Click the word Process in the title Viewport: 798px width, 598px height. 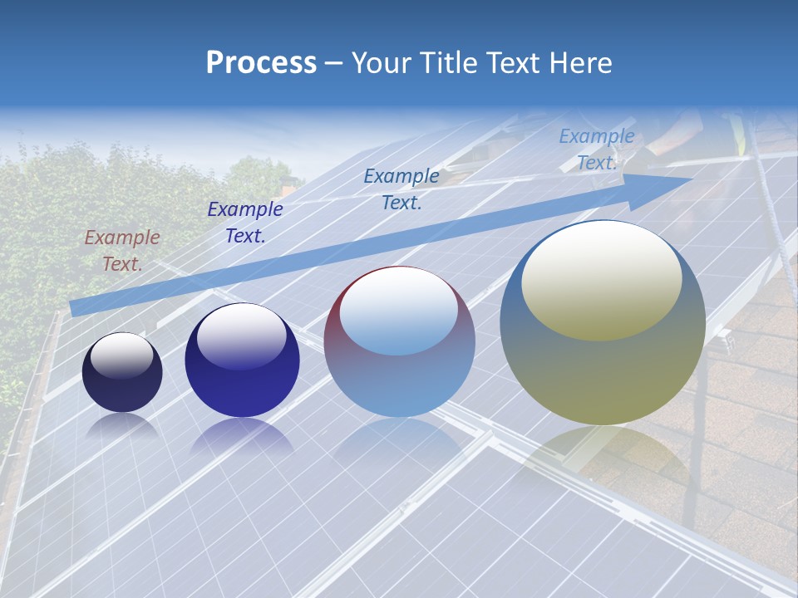tap(261, 63)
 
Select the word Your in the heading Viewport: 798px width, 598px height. tap(378, 63)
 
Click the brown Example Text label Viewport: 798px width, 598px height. tap(122, 251)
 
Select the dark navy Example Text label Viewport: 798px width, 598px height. tap(245, 223)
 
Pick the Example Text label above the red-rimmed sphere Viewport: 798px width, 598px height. tap(401, 189)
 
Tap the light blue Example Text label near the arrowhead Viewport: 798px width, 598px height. tap(597, 149)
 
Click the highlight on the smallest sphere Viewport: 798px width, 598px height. tap(122, 355)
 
